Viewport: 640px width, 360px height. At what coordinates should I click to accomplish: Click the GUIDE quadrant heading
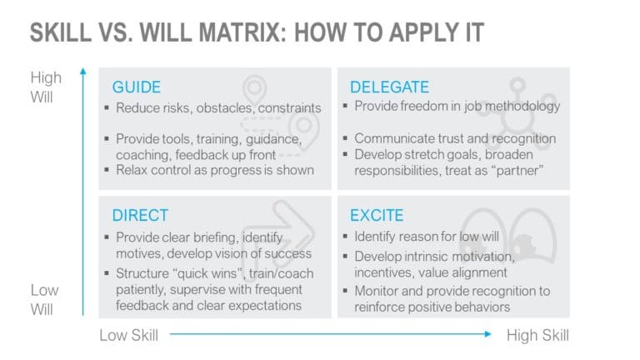pos(137,87)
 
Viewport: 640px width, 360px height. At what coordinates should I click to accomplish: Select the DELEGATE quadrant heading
pos(389,87)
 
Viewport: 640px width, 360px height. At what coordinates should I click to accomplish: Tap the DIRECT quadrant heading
pos(140,215)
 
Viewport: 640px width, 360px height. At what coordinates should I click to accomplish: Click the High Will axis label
pos(46,86)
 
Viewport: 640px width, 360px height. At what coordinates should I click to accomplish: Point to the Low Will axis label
pos(45,299)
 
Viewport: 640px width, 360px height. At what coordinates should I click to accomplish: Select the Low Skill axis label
pos(128,335)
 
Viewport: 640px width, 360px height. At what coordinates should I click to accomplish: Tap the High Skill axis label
pos(537,335)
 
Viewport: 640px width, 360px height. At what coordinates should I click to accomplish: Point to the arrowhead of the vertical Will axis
pos(83,73)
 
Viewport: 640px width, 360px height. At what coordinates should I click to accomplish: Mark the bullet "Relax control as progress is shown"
pos(215,171)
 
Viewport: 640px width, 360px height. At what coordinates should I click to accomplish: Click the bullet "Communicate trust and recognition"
pos(454,138)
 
